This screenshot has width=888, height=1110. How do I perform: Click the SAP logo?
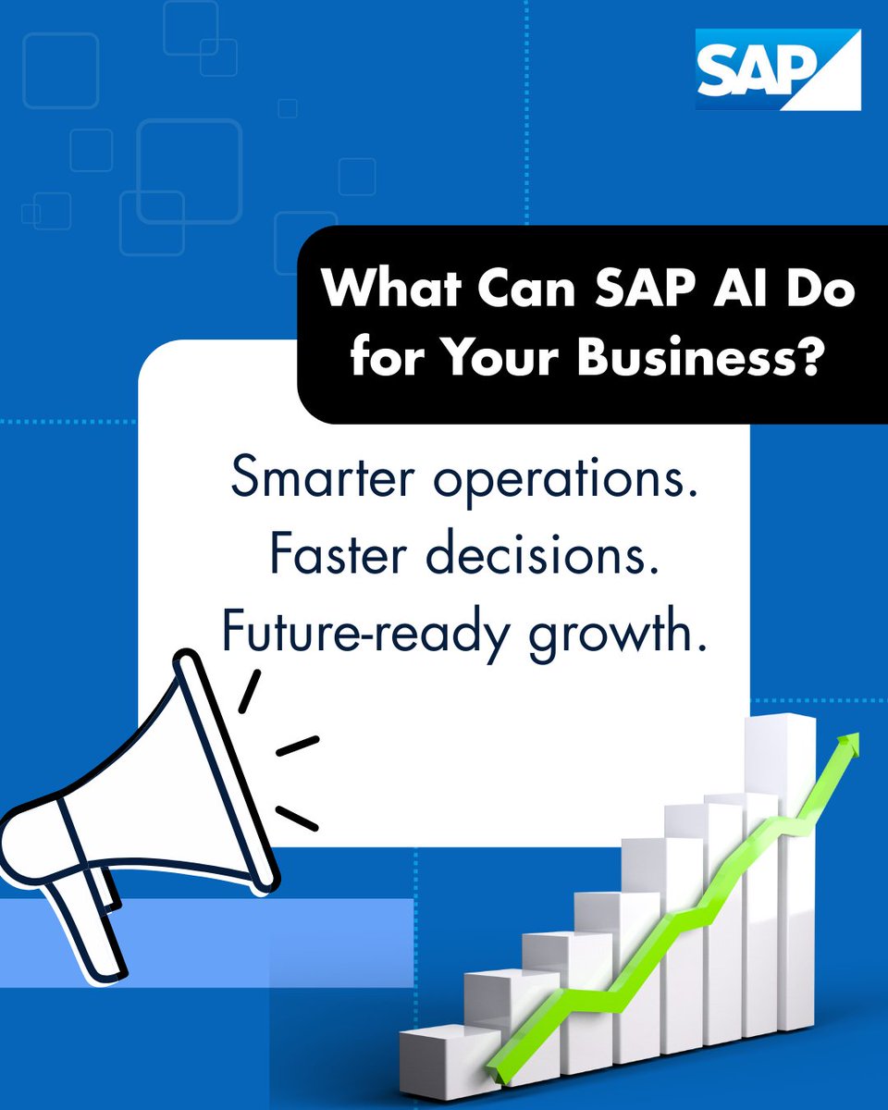pyautogui.click(x=777, y=68)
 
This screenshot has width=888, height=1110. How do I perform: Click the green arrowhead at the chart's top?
pyautogui.click(x=847, y=746)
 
